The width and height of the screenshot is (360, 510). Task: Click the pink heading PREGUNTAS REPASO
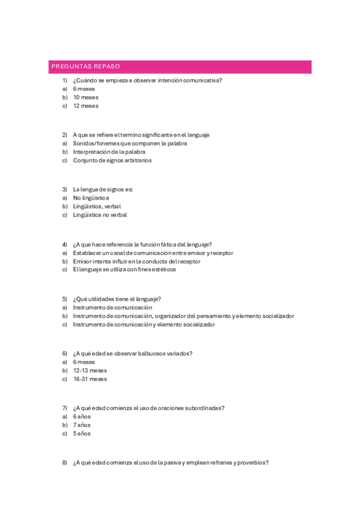(x=86, y=67)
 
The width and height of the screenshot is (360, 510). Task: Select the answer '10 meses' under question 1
(x=85, y=97)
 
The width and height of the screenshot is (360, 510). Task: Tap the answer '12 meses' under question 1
(x=85, y=106)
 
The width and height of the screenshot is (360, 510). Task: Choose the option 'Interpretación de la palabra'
(x=109, y=152)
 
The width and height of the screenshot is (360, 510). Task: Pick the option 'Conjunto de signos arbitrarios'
(x=112, y=161)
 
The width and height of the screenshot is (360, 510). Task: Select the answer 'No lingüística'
(x=91, y=198)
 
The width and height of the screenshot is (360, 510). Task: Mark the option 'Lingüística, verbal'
(x=97, y=206)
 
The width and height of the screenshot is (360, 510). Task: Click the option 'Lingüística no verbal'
(x=100, y=215)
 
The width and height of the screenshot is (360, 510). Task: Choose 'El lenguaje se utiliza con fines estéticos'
(x=124, y=270)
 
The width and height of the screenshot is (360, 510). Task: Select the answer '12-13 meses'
(x=90, y=371)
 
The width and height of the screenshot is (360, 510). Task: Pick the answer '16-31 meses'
(x=90, y=379)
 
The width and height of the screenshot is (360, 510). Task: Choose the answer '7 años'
(x=82, y=425)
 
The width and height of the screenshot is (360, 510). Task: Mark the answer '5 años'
(x=82, y=434)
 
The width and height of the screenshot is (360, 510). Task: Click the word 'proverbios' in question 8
(x=252, y=462)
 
